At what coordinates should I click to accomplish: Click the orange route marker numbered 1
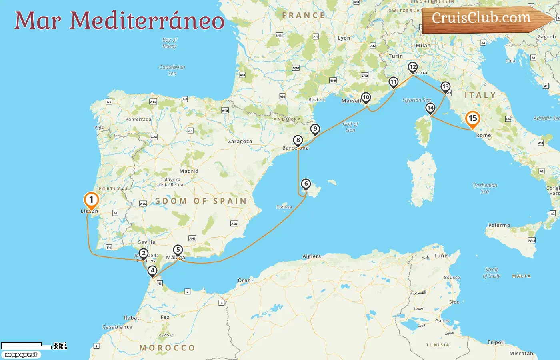click(91, 200)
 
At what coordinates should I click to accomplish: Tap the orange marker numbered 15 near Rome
click(472, 119)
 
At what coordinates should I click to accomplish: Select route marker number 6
click(306, 184)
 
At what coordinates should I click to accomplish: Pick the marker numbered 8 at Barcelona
click(298, 140)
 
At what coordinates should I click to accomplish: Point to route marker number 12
click(412, 67)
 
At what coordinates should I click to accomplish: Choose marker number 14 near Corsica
click(430, 108)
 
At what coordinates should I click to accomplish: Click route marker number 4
click(152, 271)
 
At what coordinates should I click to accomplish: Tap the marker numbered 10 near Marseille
click(366, 98)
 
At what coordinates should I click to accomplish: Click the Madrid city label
click(189, 171)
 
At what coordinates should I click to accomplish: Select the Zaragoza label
click(240, 142)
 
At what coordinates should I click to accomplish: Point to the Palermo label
click(499, 225)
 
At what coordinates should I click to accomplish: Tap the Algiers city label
click(312, 256)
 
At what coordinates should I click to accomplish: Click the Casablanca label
click(117, 327)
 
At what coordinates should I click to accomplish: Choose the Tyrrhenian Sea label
click(485, 188)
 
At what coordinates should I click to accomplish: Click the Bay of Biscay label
click(170, 43)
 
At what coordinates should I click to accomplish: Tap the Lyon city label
click(344, 38)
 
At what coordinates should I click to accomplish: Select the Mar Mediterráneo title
click(119, 20)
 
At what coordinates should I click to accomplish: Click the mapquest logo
click(21, 355)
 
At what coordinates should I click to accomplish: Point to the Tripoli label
click(496, 342)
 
